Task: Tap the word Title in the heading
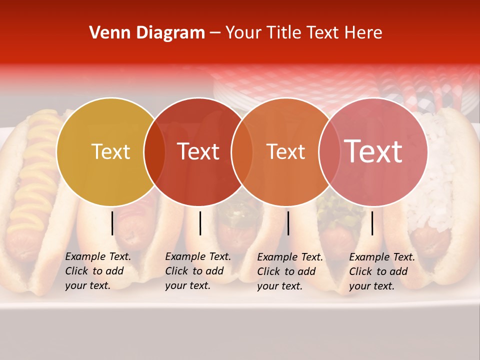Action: [x=285, y=33]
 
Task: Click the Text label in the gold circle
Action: [x=110, y=152]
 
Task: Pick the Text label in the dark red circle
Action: [x=198, y=151]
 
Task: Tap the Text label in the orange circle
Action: [x=285, y=152]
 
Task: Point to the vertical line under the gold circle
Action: [x=112, y=223]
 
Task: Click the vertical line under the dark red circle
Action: [x=200, y=223]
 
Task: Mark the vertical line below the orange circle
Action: [x=288, y=223]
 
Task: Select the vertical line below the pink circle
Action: [x=372, y=223]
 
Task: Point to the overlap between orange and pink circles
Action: [x=329, y=152]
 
